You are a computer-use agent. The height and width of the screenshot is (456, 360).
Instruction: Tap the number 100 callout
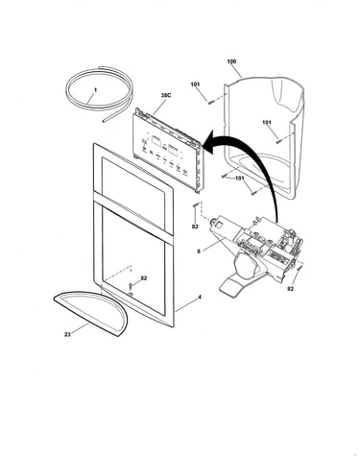[231, 61]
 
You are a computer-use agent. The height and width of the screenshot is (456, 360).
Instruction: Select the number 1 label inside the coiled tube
[95, 90]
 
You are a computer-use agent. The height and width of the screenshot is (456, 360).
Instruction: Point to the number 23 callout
[67, 335]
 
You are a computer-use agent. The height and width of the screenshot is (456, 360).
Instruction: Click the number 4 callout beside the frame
[200, 297]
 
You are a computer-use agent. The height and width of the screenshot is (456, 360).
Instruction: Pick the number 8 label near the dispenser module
[199, 252]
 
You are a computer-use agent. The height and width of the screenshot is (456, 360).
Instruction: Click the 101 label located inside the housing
[267, 122]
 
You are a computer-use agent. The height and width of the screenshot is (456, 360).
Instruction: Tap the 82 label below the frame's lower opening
[144, 278]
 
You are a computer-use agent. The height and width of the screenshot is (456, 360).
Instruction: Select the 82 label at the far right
[290, 289]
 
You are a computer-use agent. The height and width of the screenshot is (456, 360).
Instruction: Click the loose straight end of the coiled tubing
[104, 121]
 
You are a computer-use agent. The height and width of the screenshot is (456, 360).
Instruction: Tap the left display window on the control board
[156, 141]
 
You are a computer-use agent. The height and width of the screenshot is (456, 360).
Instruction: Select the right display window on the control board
[173, 150]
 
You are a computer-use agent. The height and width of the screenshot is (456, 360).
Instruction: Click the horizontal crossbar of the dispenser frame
[133, 214]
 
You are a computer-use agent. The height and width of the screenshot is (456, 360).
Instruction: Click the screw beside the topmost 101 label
[210, 103]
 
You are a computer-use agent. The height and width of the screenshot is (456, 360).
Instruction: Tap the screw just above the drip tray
[131, 286]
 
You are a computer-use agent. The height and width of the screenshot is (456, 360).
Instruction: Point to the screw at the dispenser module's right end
[300, 268]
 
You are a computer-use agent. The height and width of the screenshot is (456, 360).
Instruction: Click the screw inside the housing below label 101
[277, 141]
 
